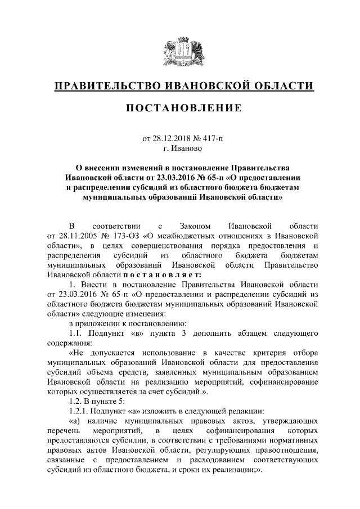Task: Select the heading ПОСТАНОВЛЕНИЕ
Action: (180, 107)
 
